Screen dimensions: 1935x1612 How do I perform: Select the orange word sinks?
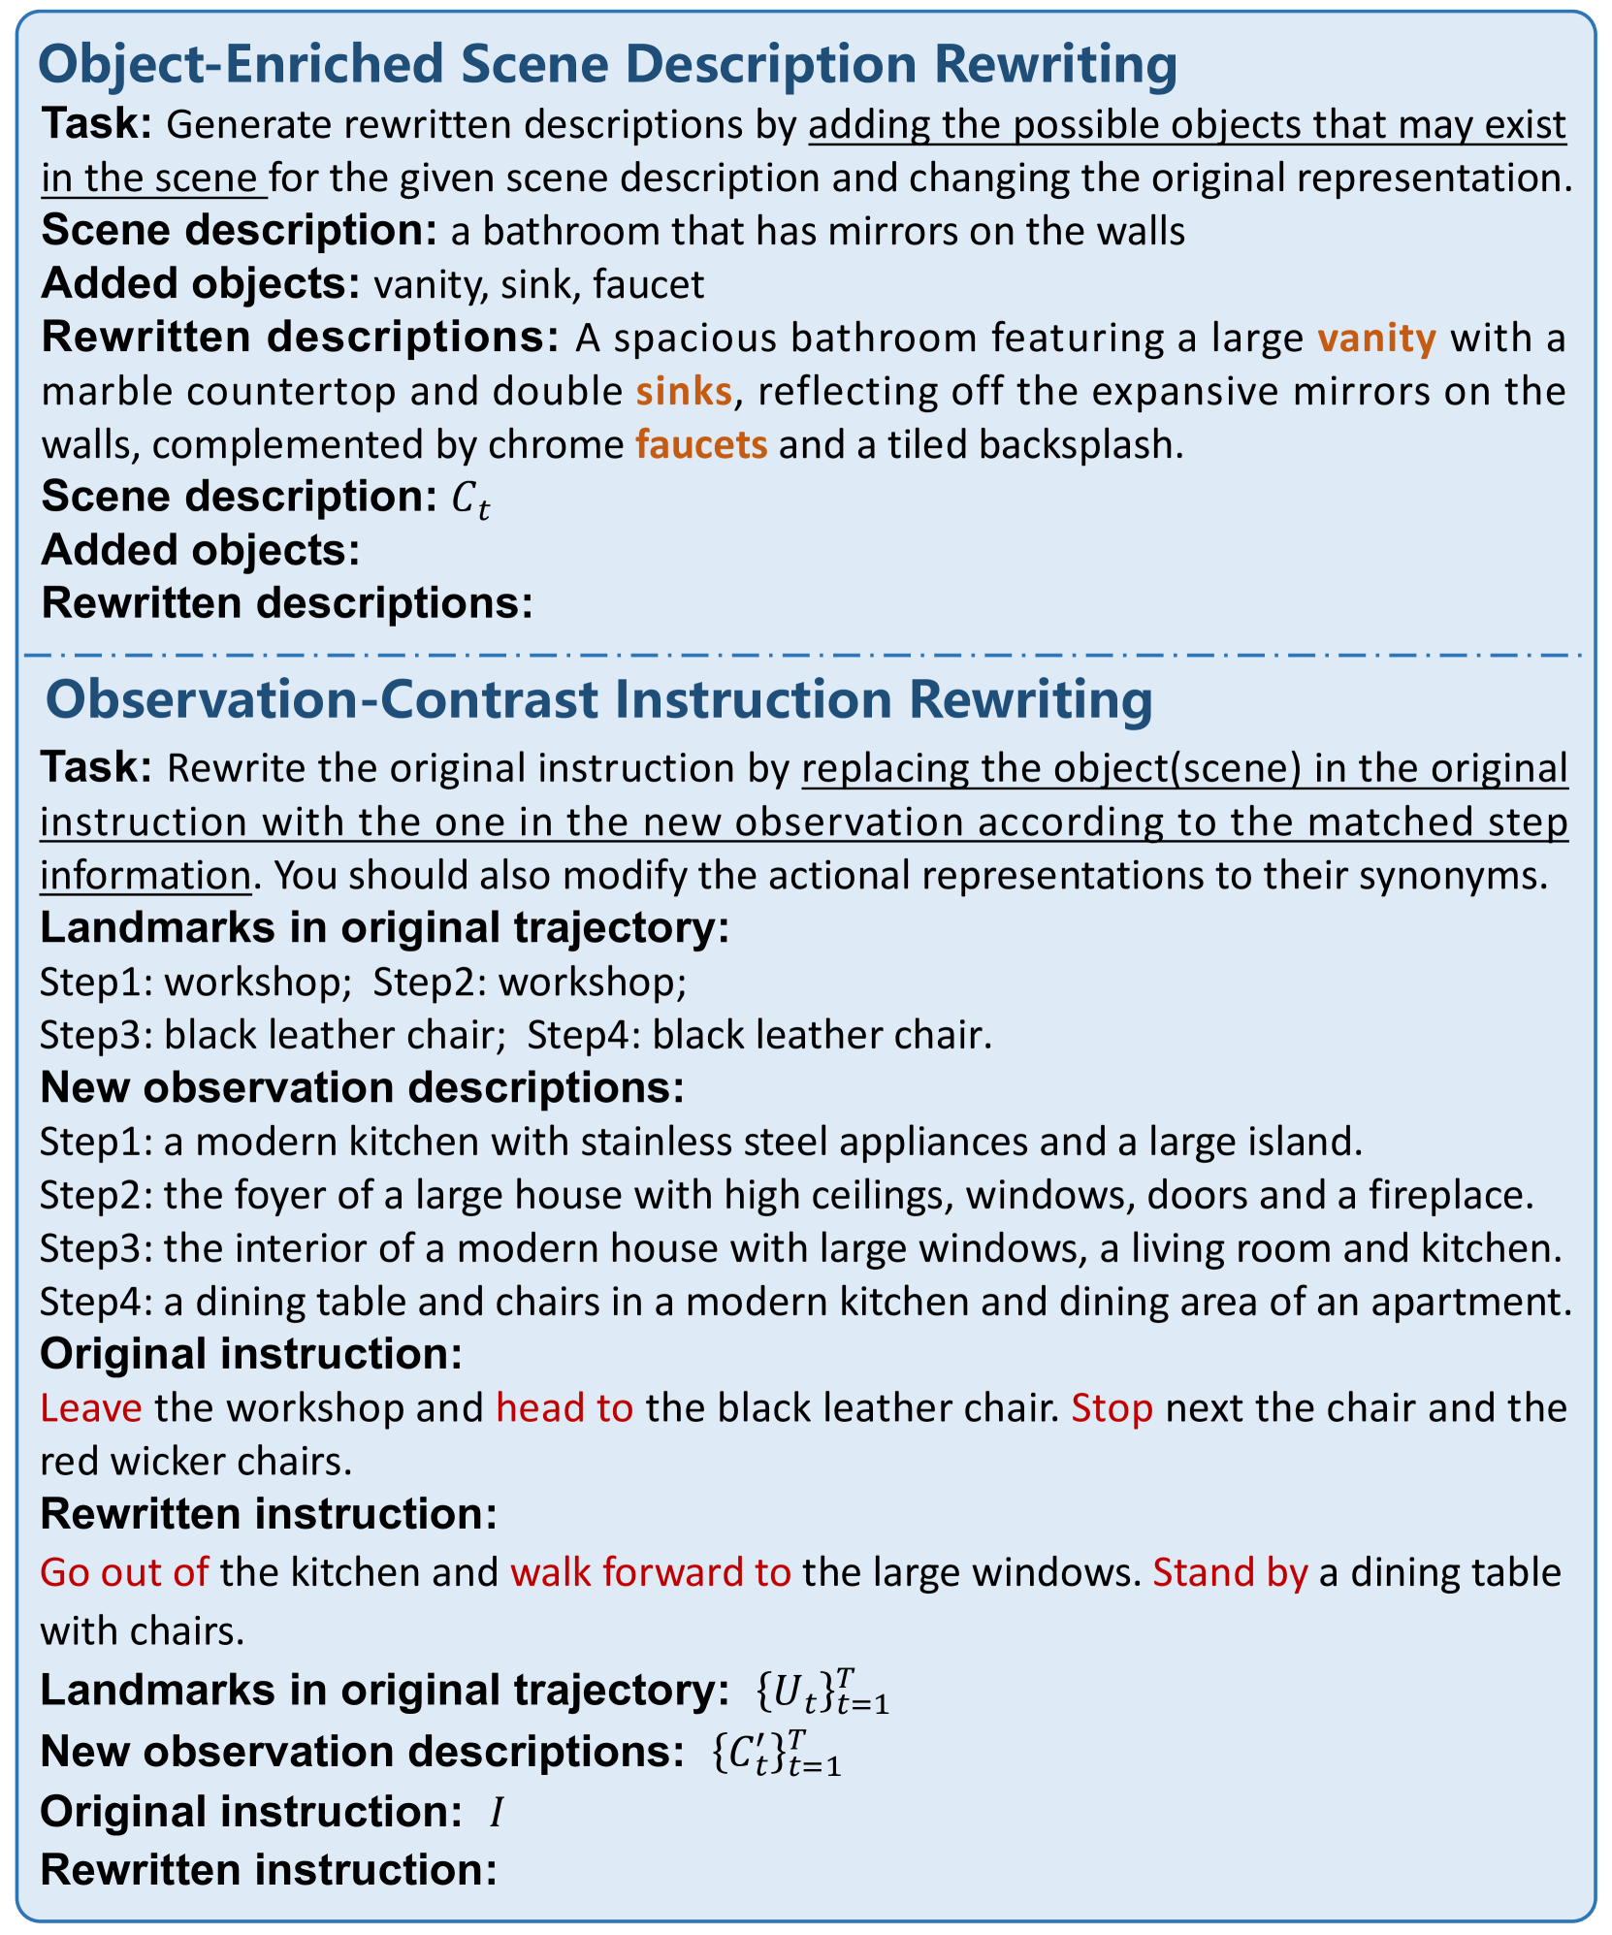pos(684,391)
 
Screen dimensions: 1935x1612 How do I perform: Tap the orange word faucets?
pos(701,444)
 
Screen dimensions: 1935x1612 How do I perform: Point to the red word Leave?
pos(91,1407)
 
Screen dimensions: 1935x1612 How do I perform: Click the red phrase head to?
pos(564,1407)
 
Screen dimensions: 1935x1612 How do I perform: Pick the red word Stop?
pos(1112,1407)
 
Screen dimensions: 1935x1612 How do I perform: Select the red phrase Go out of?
pos(124,1572)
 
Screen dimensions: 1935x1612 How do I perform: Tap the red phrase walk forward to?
pos(651,1572)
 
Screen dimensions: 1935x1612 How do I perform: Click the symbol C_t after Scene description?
pos(470,500)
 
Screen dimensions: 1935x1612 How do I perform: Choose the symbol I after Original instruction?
pos(496,1812)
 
